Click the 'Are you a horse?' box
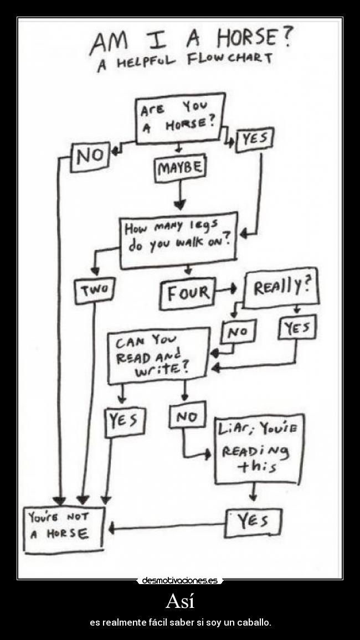tap(181, 118)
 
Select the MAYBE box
tap(180, 168)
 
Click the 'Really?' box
tap(281, 288)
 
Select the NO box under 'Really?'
tap(238, 332)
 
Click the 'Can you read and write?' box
tap(159, 355)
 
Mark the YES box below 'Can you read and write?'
tap(125, 422)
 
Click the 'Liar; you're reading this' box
tap(259, 448)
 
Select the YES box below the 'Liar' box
tap(253, 522)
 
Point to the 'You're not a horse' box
tap(64, 529)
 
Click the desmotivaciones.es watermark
tap(180, 580)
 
